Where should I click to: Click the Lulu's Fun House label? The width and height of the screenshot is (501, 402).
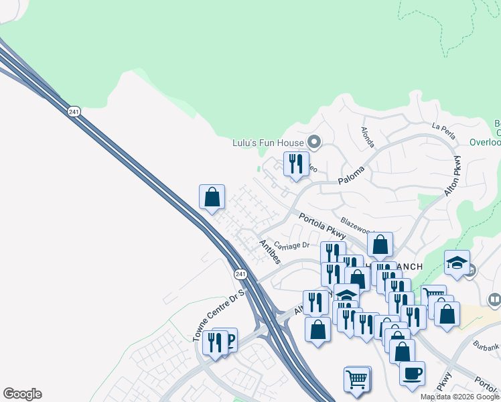pos(267,142)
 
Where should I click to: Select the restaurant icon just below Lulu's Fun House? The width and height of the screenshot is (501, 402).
pos(295,164)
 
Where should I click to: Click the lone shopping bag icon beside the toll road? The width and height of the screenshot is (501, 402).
pos(212,198)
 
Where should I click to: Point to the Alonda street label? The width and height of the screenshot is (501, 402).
pos(367,137)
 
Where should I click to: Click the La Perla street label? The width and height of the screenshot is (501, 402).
pos(443,130)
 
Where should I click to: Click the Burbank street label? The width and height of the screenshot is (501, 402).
pos(486,346)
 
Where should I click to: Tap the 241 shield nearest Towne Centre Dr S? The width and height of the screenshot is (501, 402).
pos(241,275)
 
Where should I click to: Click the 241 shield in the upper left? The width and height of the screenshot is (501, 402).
pos(74,111)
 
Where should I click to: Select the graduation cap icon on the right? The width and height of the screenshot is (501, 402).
pos(457,263)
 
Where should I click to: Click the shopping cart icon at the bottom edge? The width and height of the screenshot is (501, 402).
pos(357,380)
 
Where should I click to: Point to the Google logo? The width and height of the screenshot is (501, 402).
pos(22,394)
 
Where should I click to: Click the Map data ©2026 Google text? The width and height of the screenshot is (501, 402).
pos(459,397)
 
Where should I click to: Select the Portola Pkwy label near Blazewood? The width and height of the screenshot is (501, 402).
pos(322,226)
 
